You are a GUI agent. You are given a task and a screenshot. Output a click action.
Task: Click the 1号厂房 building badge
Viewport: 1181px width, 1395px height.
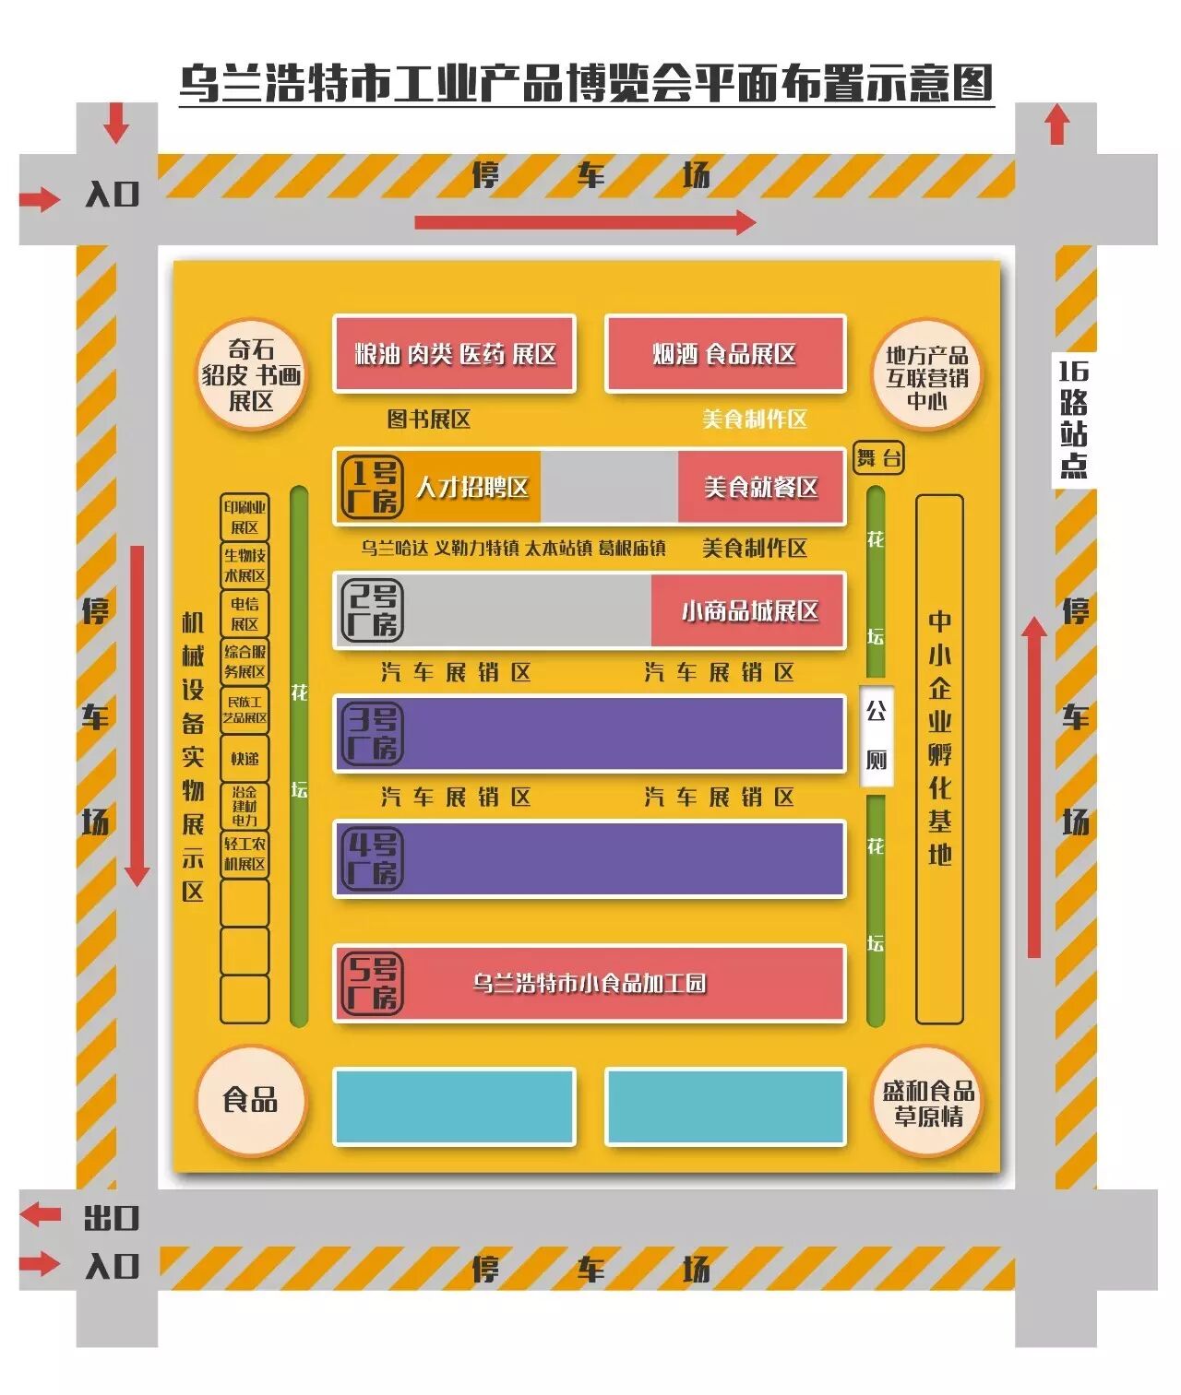coord(372,487)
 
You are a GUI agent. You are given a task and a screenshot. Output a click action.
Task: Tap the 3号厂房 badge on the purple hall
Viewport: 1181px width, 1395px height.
coord(372,734)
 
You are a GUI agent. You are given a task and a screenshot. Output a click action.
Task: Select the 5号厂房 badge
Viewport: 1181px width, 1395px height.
coord(372,984)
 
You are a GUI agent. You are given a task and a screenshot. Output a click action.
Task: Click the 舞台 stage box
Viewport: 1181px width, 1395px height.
coord(878,457)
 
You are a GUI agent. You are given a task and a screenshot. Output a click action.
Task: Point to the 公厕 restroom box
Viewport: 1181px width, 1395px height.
coord(876,735)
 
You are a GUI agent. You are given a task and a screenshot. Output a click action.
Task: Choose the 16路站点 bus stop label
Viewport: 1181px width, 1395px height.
coord(1073,419)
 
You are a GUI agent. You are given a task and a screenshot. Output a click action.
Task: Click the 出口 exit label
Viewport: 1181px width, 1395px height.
coord(111,1218)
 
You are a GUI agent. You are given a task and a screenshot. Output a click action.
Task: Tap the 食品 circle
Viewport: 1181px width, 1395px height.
coord(250,1099)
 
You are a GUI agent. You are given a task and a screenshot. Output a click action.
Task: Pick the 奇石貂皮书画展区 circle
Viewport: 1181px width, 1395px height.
coord(251,375)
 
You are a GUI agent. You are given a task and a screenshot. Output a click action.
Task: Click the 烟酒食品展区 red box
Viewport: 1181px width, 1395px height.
coord(725,354)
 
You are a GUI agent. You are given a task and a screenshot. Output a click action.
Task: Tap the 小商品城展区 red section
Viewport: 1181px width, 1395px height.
coord(749,610)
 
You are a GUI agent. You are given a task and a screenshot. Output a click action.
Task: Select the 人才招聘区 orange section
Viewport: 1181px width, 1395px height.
coord(472,487)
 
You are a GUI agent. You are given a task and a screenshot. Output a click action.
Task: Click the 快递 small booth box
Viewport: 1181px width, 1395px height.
coord(245,758)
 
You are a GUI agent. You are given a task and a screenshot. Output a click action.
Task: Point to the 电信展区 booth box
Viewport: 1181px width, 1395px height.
coord(245,613)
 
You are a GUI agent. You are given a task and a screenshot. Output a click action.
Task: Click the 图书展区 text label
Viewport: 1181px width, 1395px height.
coord(428,420)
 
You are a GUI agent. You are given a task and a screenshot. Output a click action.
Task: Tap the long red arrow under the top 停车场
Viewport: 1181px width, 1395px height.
coord(585,222)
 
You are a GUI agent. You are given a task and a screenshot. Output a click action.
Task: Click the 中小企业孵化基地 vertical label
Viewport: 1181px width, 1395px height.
coord(939,738)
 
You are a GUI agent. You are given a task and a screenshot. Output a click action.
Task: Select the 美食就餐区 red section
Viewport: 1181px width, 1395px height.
coord(761,487)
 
